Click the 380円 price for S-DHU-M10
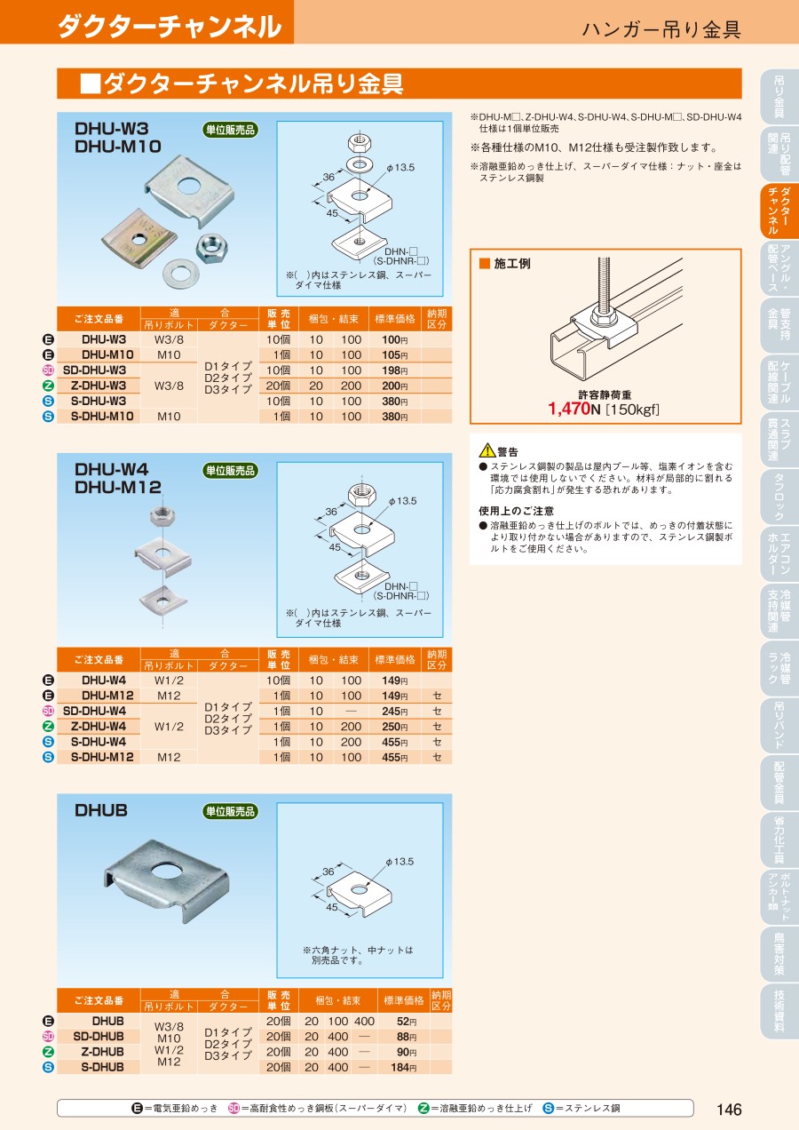[394, 417]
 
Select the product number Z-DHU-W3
[99, 386]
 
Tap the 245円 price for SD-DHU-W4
[394, 712]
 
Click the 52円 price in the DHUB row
[407, 1022]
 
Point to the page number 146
[729, 1110]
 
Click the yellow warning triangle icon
[487, 450]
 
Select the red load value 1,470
[569, 409]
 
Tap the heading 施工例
[511, 264]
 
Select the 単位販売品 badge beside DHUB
[230, 811]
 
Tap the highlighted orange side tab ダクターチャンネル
[779, 210]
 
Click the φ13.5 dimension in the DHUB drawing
[399, 862]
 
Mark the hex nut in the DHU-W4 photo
[162, 515]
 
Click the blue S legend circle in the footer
[548, 1109]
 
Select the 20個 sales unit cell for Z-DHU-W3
[278, 386]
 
